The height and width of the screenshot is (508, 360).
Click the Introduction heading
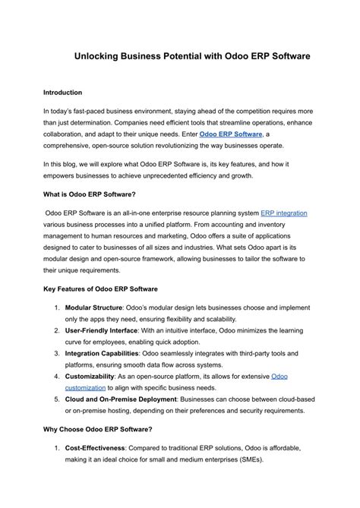tap(68, 93)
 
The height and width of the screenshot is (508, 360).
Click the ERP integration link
tap(283, 213)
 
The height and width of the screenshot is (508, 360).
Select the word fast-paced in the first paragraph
tap(97, 111)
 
